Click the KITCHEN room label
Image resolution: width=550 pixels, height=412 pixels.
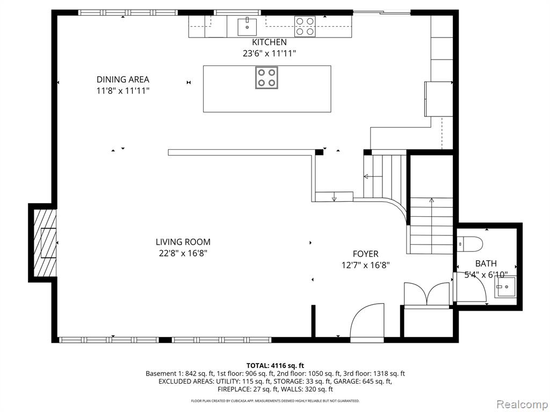(269, 42)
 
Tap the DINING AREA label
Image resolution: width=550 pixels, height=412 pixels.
(123, 79)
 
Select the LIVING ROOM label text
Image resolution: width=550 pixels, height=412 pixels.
(183, 242)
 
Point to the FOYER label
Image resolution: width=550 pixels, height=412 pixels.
(365, 254)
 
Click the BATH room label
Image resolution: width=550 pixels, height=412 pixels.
(486, 263)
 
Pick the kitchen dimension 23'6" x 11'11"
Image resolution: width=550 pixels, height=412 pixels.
(270, 54)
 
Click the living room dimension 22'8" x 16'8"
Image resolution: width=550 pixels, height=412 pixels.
(183, 253)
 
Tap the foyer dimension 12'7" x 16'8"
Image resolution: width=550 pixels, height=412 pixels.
(365, 265)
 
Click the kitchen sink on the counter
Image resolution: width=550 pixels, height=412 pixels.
(247, 26)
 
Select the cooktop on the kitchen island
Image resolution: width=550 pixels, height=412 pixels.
(266, 77)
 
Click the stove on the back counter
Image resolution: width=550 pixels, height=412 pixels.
(305, 26)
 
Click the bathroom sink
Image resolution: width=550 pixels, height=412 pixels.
(505, 287)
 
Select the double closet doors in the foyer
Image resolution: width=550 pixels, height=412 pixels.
(426, 295)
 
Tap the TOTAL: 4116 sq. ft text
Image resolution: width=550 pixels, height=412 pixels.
(275, 366)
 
